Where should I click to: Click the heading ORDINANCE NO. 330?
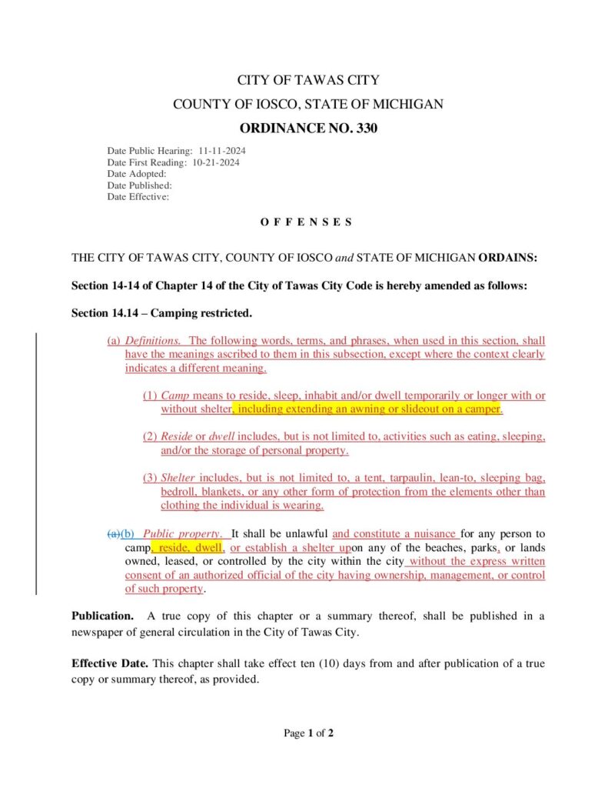click(307, 129)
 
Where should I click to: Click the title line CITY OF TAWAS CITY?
click(307, 80)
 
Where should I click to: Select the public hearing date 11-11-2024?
click(222, 151)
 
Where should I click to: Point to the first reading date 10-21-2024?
click(216, 162)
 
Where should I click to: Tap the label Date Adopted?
click(137, 174)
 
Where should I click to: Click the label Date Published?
click(140, 185)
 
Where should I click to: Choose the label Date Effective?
click(138, 197)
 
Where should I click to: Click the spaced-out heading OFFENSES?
click(306, 222)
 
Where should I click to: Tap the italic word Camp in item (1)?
click(174, 396)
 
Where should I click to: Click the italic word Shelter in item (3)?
click(178, 478)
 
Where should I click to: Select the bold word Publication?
click(102, 616)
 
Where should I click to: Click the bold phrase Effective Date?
click(110, 663)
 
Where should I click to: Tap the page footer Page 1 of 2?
click(308, 733)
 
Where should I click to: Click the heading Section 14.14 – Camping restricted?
click(161, 313)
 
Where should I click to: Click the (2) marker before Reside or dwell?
click(150, 436)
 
